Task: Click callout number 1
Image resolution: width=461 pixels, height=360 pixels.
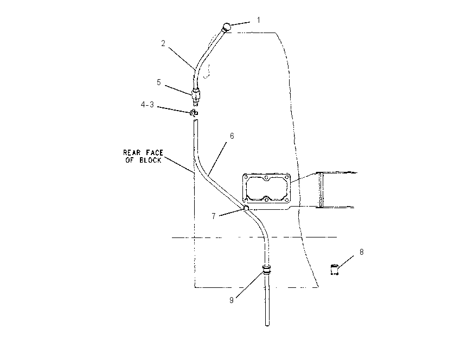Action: coord(259,20)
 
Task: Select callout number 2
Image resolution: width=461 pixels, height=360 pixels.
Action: coord(163,43)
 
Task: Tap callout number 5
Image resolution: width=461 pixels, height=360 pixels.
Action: coord(159,82)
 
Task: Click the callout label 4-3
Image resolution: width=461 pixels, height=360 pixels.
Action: coord(148,104)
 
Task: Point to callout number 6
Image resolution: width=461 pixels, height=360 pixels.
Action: coord(232,136)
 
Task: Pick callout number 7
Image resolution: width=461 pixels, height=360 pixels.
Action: coord(214,216)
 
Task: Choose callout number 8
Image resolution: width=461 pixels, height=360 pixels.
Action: coord(361,252)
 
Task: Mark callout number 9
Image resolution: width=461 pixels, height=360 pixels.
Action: coord(232,300)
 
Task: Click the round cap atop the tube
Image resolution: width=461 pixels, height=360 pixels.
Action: coord(226,27)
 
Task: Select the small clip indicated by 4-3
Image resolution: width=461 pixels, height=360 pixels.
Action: coord(194,113)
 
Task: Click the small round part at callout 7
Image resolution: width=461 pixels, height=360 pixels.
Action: coord(246,208)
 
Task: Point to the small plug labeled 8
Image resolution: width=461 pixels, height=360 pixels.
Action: coord(335,269)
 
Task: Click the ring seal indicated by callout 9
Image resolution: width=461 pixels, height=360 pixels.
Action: coord(266,269)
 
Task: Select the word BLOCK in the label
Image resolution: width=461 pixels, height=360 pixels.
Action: coord(150,160)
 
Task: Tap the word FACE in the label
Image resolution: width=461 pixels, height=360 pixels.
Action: coord(155,152)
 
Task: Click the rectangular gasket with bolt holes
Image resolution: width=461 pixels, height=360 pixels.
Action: coord(243,189)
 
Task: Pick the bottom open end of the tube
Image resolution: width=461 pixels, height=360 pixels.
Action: coord(267,324)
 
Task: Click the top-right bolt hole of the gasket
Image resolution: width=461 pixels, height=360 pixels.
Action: coord(285,177)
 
